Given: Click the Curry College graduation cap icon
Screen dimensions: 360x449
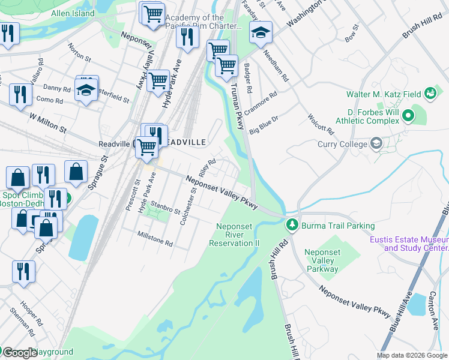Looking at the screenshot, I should coord(376,143).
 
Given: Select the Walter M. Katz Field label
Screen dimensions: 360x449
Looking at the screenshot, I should coord(383,94).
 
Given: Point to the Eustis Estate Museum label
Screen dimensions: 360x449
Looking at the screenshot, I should coord(415,244).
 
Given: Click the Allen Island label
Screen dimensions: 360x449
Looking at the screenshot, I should coord(73,13).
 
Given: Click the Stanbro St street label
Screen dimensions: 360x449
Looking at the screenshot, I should coord(165,208).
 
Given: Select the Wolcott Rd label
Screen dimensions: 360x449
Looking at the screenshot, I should coord(320,122).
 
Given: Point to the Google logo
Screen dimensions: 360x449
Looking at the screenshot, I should coord(19,353).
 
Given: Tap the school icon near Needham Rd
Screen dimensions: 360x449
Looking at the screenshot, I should coord(261,33).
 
